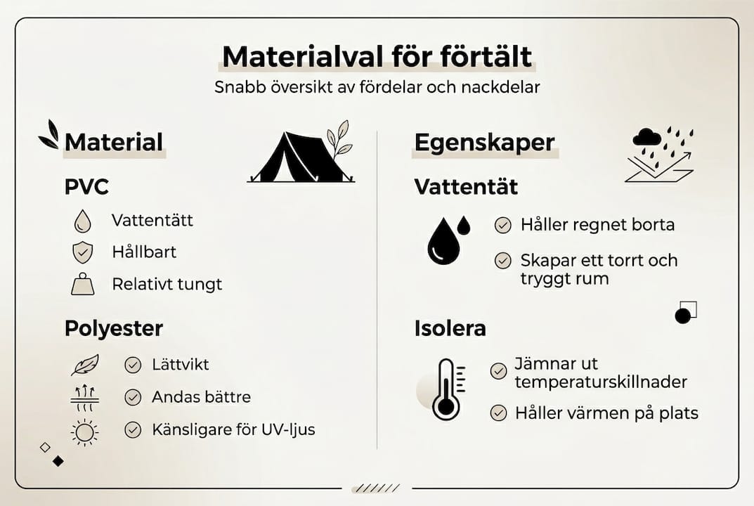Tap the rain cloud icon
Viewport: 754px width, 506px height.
pos(647,137)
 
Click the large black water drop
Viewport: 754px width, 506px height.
pos(443,241)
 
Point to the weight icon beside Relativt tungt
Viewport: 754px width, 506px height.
pos(83,284)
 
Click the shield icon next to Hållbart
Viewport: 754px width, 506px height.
pos(82,252)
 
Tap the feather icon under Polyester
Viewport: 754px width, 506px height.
pos(84,365)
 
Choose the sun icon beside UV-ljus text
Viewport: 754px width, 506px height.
pos(84,432)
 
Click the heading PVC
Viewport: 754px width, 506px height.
pos(86,187)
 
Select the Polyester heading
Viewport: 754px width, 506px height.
pos(114,328)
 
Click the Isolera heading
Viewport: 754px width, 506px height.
pos(450,328)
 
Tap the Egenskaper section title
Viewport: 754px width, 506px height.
pos(484,143)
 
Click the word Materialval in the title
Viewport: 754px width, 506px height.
pos(303,57)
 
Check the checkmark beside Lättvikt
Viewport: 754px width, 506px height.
pos(133,365)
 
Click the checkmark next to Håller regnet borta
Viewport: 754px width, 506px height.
pos(503,225)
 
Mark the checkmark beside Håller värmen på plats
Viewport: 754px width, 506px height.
pos(499,413)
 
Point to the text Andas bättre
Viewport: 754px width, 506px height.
pos(202,397)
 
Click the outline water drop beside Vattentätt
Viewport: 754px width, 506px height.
pos(83,221)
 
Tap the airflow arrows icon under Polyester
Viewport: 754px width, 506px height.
pos(84,398)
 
